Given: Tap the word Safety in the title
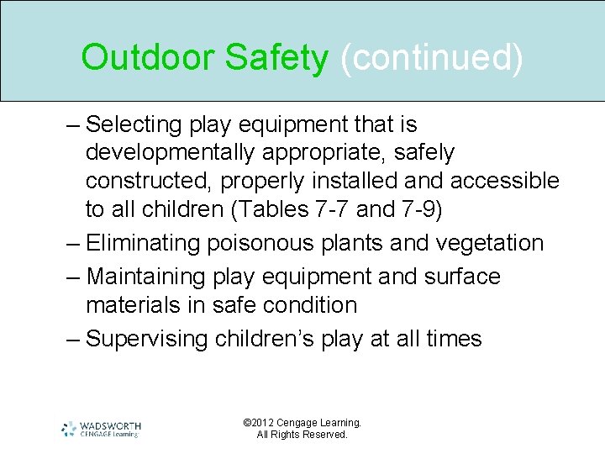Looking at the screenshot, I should tap(276, 58).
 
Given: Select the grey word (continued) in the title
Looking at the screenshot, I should tap(431, 58).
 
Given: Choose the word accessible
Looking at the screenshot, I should tap(504, 181).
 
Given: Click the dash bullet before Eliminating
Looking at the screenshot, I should tap(73, 244).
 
